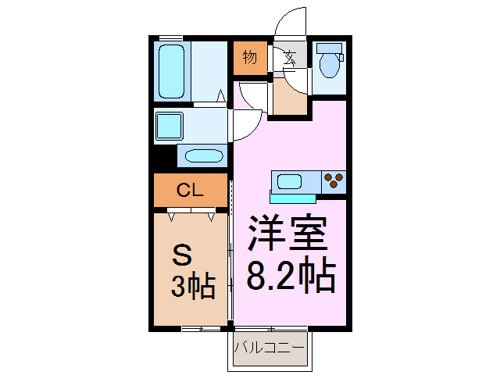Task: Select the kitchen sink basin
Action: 290,182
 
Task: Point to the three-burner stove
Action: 334,181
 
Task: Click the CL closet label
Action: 190,189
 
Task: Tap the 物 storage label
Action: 250,58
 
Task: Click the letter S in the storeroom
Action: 181,255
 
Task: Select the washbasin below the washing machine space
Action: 203,154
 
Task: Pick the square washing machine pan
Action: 169,125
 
